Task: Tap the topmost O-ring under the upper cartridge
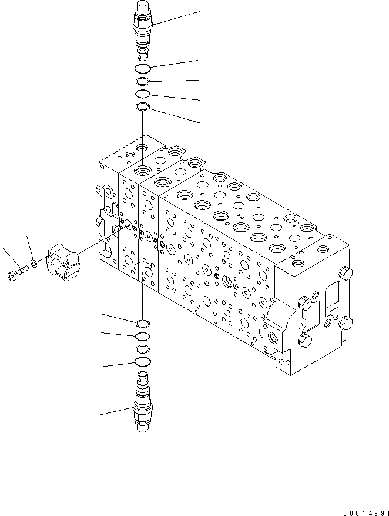[x=143, y=68]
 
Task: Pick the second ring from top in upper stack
[x=143, y=81]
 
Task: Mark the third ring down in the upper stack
[x=143, y=94]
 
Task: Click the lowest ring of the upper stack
[x=142, y=106]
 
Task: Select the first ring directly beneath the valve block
[x=142, y=323]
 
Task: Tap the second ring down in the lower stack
[x=143, y=337]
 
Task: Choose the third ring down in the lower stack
[x=143, y=349]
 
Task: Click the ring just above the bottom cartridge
[x=143, y=361]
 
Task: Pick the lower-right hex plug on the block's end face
[x=345, y=323]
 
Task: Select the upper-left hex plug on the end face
[x=304, y=303]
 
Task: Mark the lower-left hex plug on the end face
[x=305, y=342]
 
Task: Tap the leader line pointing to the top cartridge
[x=176, y=18]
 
